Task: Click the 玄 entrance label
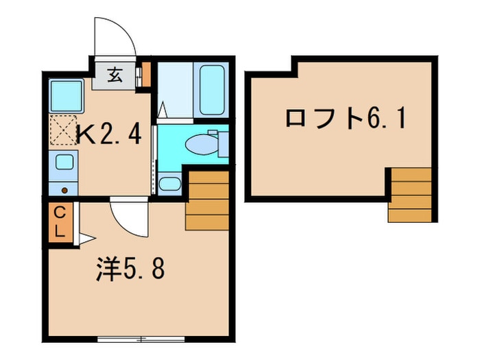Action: pyautogui.click(x=115, y=75)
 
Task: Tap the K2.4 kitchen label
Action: pyautogui.click(x=109, y=134)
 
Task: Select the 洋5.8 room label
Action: pyautogui.click(x=131, y=269)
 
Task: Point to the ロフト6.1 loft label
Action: pyautogui.click(x=346, y=119)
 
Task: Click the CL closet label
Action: pyautogui.click(x=60, y=222)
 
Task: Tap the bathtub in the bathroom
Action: pyautogui.click(x=212, y=90)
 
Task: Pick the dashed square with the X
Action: pyautogui.click(x=63, y=130)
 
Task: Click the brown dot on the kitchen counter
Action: pyautogui.click(x=64, y=191)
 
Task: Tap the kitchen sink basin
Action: pyautogui.click(x=64, y=162)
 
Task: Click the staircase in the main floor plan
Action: pyautogui.click(x=207, y=200)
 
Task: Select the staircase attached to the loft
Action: pyautogui.click(x=410, y=195)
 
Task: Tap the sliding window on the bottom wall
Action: pyautogui.click(x=141, y=339)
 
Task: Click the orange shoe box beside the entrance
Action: pyautogui.click(x=147, y=74)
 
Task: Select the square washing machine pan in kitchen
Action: pyautogui.click(x=67, y=96)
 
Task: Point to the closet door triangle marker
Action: pyautogui.click(x=87, y=239)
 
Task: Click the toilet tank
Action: pyautogui.click(x=223, y=145)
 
